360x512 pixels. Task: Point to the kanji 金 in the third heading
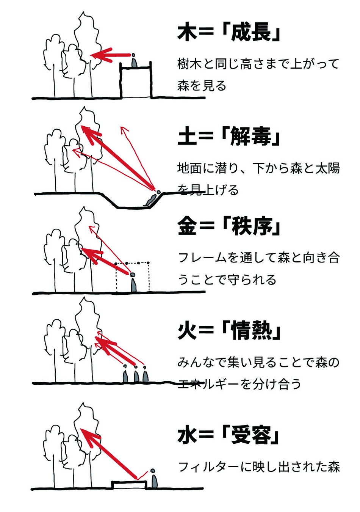point(187,226)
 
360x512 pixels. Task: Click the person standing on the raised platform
point(134,61)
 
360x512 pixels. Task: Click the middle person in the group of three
point(136,375)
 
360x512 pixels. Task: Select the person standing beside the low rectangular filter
point(154,479)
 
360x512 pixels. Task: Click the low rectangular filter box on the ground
point(129,485)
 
